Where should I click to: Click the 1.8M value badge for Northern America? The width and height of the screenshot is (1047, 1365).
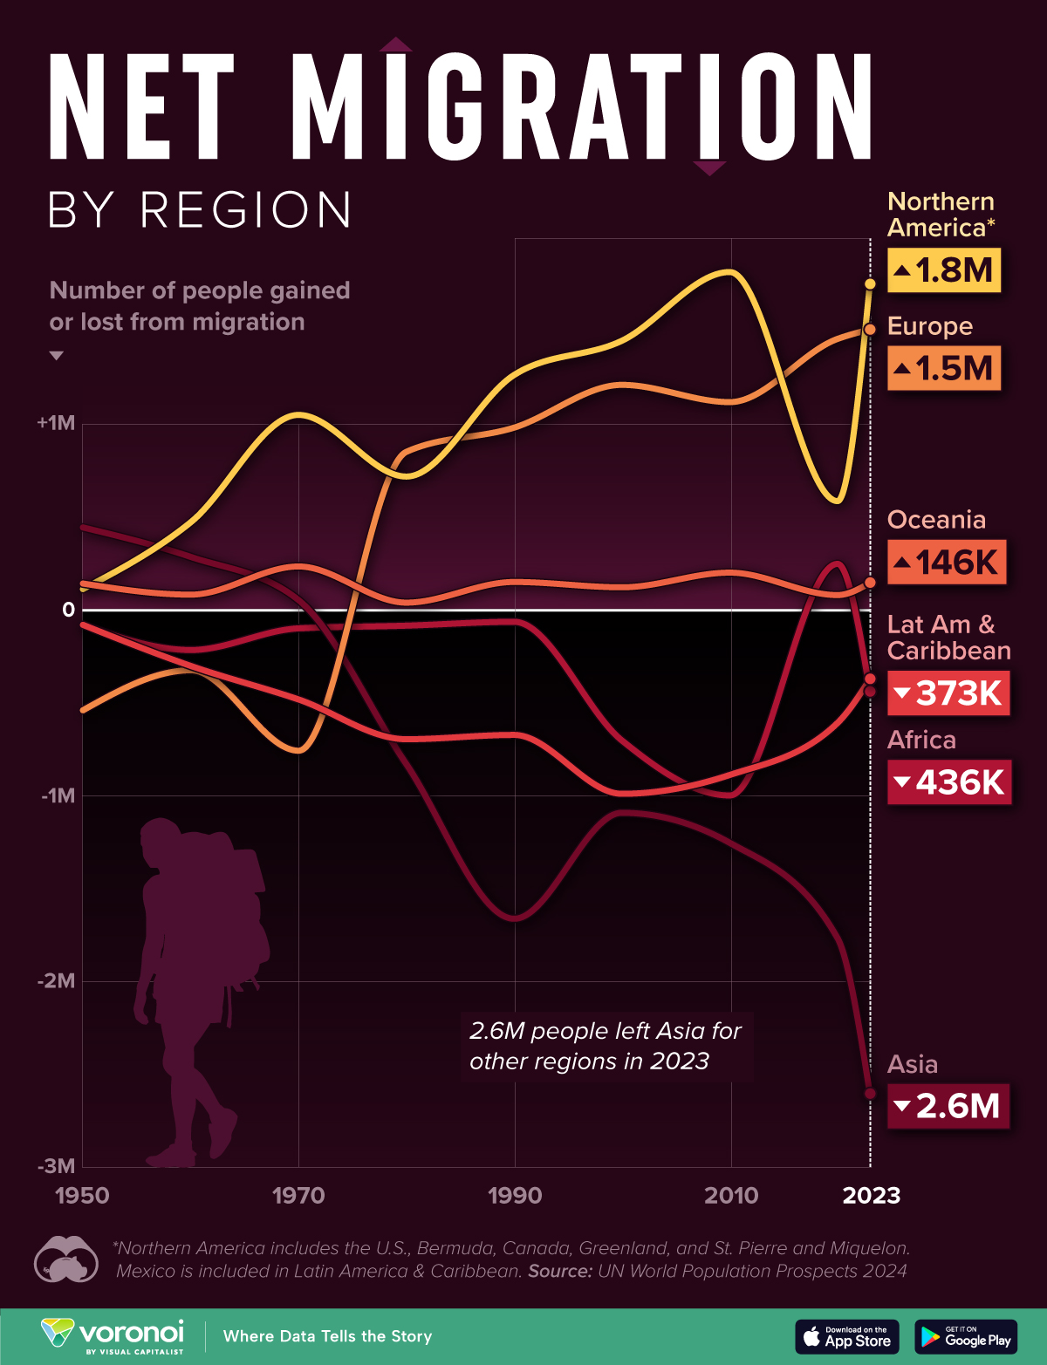943,270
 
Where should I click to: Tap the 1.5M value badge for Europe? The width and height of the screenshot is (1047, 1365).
943,368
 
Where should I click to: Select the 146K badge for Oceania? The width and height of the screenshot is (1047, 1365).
947,563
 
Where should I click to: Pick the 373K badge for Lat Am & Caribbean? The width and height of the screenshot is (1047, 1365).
948,693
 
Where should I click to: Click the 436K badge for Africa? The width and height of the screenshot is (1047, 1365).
949,782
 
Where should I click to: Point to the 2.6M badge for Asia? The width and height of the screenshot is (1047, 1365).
948,1106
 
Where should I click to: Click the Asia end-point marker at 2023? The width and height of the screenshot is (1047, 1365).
870,1094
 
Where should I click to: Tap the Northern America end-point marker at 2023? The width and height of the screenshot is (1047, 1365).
870,284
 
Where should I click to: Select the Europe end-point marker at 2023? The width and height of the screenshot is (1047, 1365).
870,329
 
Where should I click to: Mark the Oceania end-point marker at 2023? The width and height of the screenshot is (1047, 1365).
870,583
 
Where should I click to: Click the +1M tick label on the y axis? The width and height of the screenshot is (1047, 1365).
57,424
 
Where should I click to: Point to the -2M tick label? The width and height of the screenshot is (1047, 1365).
57,981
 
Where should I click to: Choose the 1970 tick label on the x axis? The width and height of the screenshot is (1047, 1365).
298,1196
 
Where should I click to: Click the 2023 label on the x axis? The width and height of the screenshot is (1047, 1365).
871,1196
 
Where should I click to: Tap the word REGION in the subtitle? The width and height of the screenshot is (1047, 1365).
246,210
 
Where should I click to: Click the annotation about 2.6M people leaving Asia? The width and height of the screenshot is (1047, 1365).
606,1046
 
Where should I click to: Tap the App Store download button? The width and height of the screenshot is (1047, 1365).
846,1336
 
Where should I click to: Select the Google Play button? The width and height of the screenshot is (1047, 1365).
966,1336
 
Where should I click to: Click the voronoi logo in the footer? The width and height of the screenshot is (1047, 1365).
113,1335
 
